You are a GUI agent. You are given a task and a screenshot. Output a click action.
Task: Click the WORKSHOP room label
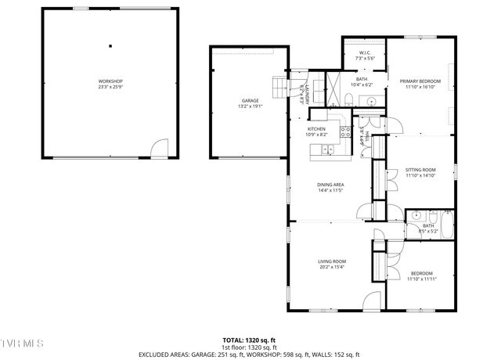[110, 81]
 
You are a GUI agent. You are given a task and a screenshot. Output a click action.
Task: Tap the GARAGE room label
[250, 101]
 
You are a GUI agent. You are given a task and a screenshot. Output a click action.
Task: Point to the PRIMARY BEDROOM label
[420, 81]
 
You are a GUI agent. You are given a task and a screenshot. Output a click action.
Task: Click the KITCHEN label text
[316, 129]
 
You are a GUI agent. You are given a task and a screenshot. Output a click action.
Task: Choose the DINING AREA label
[330, 185]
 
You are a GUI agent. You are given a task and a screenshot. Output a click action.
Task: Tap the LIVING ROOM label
[332, 261]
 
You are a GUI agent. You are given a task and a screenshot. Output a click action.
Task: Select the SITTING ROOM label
[420, 170]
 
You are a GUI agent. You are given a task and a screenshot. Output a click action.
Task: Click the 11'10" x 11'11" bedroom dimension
[421, 279]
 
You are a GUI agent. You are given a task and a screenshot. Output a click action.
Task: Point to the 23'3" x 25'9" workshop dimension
[110, 87]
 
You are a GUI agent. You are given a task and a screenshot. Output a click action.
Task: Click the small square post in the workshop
[110, 45]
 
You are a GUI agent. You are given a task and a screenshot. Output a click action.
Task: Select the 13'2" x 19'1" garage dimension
[250, 106]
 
